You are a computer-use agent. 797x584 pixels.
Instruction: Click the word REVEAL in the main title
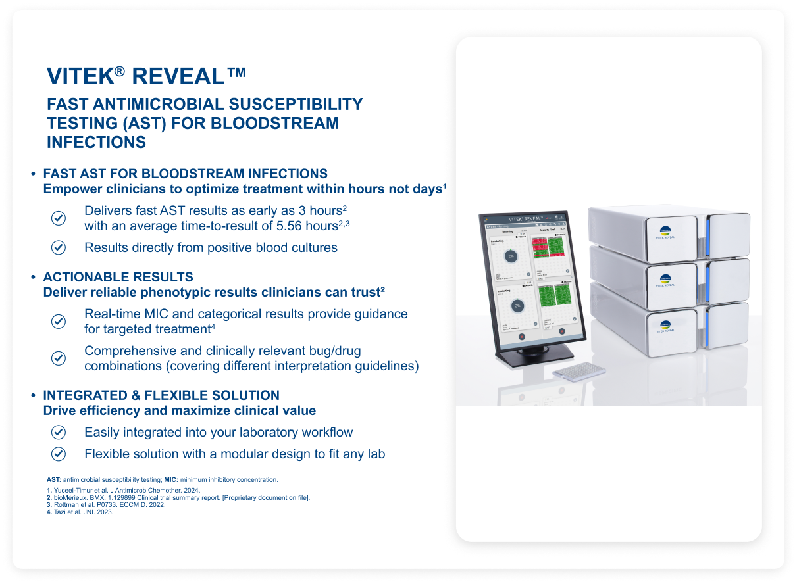178,76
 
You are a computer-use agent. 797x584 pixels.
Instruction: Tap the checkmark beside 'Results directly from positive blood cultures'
59,247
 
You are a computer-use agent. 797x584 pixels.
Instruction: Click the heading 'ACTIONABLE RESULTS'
118,277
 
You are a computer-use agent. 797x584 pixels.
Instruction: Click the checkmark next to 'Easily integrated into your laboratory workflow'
59,432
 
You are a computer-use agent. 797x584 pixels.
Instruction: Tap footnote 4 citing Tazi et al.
80,512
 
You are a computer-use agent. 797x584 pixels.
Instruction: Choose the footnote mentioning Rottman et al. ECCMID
106,505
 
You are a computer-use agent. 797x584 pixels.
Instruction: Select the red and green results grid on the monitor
548,248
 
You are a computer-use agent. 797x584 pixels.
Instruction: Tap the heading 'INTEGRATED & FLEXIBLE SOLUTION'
161,395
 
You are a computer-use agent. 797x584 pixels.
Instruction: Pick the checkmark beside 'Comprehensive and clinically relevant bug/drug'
59,358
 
